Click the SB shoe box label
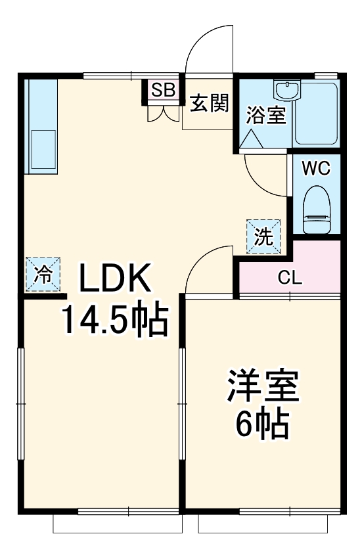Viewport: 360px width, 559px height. point(162,90)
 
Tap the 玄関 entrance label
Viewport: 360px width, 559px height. point(210,104)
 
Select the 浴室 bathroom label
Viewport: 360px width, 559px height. point(265,116)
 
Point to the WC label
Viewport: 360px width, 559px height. point(316,168)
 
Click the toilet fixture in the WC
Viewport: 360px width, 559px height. point(316,210)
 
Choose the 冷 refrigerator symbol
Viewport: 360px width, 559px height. point(43,275)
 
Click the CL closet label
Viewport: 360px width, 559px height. point(290,277)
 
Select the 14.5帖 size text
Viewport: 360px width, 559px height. point(115,320)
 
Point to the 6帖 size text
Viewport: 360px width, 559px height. point(263,426)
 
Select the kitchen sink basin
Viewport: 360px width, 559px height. point(43,150)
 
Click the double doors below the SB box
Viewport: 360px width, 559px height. point(162,112)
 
